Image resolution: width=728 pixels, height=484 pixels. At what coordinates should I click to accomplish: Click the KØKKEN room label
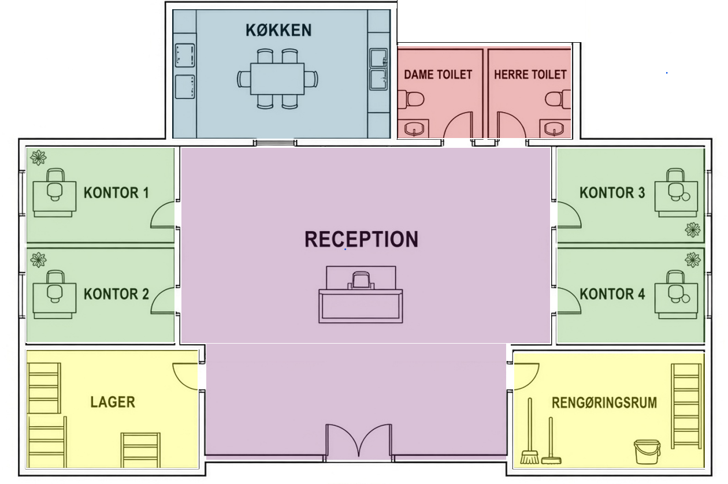(278, 30)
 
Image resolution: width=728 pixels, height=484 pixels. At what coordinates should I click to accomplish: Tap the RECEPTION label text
(361, 240)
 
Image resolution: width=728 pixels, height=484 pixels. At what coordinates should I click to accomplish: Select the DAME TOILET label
(438, 75)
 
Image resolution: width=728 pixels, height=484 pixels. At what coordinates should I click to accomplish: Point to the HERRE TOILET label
(530, 75)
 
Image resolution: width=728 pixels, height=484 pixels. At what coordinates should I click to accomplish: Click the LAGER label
(113, 402)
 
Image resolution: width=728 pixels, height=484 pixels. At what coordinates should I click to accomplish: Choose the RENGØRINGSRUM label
(604, 403)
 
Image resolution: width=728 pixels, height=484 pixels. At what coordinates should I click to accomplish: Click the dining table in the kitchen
(277, 79)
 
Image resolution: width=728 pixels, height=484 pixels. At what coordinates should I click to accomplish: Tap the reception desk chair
(361, 281)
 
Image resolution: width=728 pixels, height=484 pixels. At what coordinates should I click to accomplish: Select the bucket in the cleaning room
(647, 452)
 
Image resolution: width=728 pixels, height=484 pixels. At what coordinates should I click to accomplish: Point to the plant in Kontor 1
(38, 158)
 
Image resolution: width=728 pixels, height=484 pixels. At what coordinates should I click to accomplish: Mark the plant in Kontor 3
(693, 230)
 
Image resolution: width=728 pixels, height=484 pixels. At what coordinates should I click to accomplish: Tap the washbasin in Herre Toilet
(555, 129)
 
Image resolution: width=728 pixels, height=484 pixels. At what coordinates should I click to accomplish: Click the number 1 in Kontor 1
(146, 193)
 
